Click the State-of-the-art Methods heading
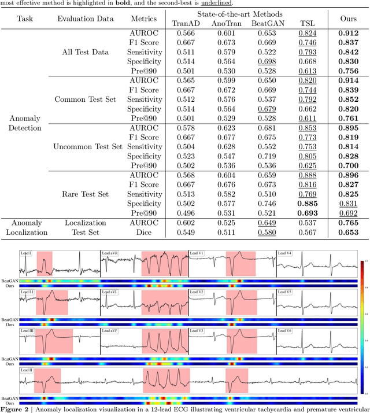(x=246, y=14)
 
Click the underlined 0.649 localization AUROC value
(x=265, y=222)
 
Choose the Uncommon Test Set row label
(x=88, y=146)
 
